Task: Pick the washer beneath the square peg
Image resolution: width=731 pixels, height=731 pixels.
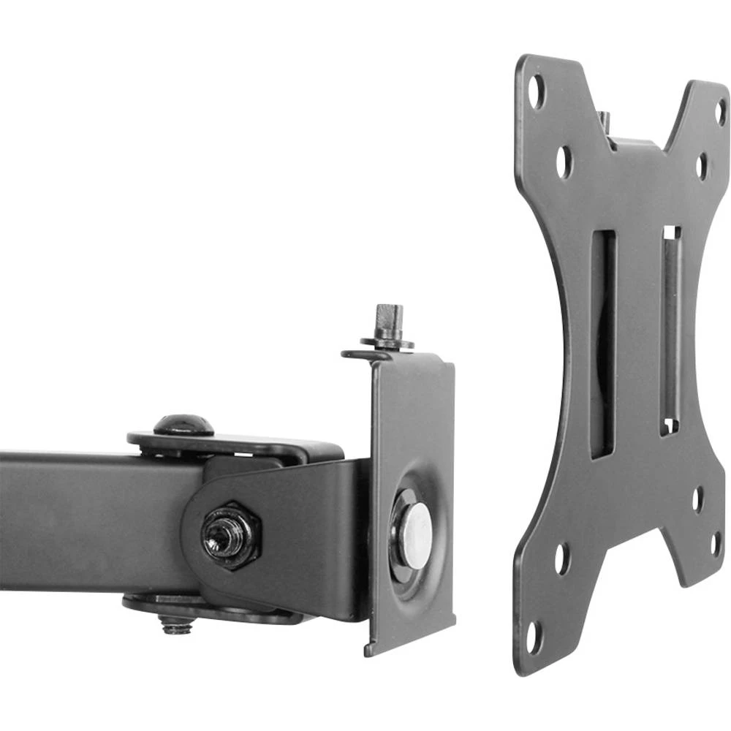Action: coord(387,341)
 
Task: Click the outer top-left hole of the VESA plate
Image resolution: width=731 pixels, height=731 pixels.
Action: coord(538,92)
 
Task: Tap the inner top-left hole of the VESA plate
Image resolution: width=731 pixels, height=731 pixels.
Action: coord(564,162)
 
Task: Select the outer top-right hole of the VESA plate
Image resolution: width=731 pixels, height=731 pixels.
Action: coord(720,111)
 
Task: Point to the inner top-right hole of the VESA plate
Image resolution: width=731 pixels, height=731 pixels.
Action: coord(701,166)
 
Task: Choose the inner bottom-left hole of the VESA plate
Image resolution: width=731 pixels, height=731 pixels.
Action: coord(561,558)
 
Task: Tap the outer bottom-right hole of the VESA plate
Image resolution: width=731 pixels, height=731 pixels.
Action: coord(716,544)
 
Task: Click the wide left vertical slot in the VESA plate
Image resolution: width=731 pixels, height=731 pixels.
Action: coord(602,344)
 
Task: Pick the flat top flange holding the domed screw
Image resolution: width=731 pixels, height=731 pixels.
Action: coord(234,443)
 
